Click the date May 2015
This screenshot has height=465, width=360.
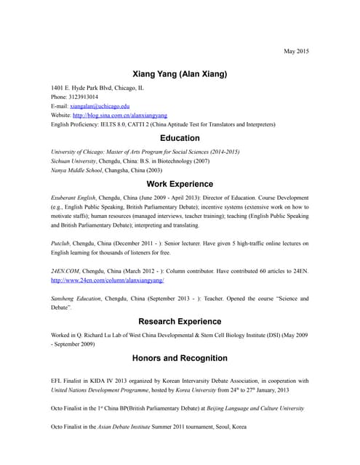click(x=296, y=51)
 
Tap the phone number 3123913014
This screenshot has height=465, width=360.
click(x=84, y=97)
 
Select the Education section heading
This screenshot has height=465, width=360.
click(x=180, y=138)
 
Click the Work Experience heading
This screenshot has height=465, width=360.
click(x=180, y=184)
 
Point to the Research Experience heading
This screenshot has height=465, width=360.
click(x=180, y=321)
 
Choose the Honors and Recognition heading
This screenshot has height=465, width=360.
click(x=180, y=358)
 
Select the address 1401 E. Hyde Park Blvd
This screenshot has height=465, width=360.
click(x=85, y=88)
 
